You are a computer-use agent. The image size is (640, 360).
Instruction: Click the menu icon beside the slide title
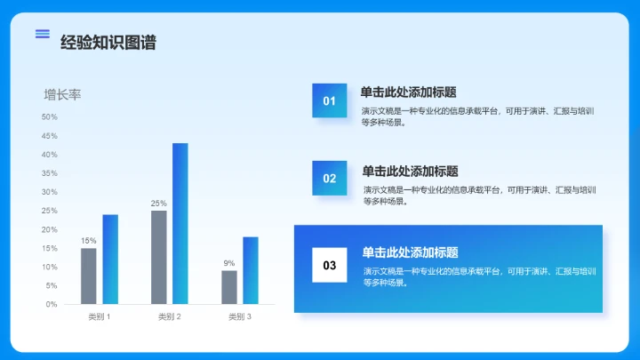click(42, 34)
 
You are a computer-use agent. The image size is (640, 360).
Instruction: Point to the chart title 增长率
click(62, 94)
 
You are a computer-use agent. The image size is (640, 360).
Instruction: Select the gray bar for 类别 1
click(89, 276)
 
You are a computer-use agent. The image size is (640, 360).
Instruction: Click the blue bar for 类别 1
click(110, 259)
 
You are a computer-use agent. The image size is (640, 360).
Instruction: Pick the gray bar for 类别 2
click(159, 257)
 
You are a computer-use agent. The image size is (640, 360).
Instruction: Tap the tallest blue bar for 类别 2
click(180, 223)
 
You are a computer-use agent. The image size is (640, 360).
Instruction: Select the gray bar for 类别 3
click(229, 287)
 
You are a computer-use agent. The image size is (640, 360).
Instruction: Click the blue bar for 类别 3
click(251, 270)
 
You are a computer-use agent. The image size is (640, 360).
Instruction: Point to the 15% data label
click(89, 241)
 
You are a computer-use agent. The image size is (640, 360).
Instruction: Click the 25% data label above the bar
click(159, 204)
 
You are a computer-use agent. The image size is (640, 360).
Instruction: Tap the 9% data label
click(229, 263)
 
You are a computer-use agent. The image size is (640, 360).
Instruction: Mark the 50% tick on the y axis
click(50, 117)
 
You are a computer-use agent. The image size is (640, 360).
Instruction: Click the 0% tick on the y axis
click(52, 304)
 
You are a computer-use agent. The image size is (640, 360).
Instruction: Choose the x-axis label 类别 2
click(170, 316)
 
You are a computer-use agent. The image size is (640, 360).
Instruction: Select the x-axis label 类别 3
click(240, 316)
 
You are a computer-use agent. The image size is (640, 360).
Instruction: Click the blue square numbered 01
click(329, 100)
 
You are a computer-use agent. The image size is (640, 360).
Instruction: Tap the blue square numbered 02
click(329, 178)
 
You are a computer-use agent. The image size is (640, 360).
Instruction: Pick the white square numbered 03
click(329, 265)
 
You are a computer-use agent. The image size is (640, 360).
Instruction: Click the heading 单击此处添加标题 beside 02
click(410, 171)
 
